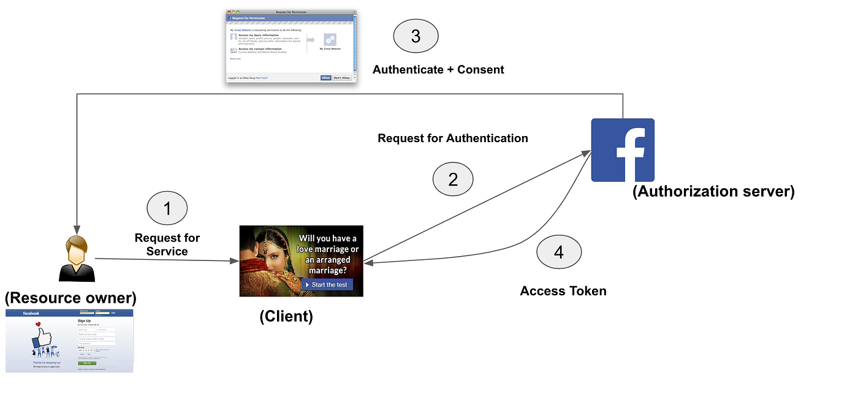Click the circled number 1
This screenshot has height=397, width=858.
click(x=167, y=209)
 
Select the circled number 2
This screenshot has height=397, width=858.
click(x=453, y=180)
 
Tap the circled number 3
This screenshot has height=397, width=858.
click(x=416, y=36)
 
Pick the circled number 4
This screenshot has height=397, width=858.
click(x=558, y=252)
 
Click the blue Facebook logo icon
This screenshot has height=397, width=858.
click(x=622, y=150)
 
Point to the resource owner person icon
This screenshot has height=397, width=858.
click(x=77, y=259)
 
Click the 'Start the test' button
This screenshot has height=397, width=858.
click(x=327, y=285)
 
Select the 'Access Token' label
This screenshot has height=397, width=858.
click(x=563, y=291)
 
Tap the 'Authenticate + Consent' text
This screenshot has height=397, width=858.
click(x=438, y=70)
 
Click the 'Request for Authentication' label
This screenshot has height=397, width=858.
click(x=453, y=138)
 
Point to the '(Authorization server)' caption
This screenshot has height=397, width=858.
click(x=713, y=192)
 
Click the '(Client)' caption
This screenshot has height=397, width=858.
click(x=286, y=317)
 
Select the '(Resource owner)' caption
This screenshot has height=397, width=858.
click(x=70, y=298)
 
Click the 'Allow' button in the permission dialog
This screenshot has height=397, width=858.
click(x=325, y=78)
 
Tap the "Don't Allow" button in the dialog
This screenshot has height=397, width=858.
click(x=341, y=78)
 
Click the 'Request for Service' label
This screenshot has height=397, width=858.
click(x=167, y=244)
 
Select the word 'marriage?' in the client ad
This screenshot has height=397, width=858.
click(x=327, y=270)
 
